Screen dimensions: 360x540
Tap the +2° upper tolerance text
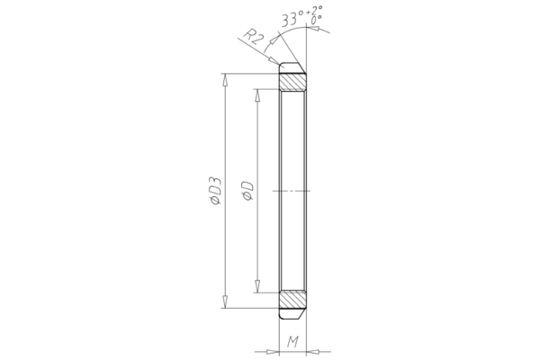tap(315, 9)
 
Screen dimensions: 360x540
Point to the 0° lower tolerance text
tap(315, 19)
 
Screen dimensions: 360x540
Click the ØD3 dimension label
tap(215, 192)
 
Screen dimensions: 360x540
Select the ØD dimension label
tap(247, 191)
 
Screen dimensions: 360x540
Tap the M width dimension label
tap(293, 340)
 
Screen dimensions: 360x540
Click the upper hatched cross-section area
tap(293, 82)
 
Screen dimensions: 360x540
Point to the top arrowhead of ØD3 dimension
tap(225, 78)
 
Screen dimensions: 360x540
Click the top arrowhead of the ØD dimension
tap(257, 94)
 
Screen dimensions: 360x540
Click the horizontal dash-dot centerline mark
tap(293, 191)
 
